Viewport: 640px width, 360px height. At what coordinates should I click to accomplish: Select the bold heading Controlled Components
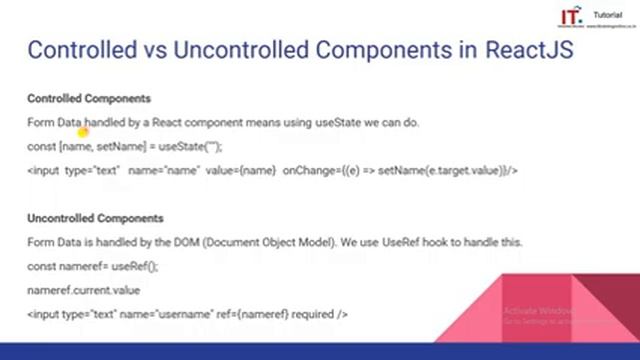point(89,99)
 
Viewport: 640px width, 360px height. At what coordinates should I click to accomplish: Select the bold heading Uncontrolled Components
point(95,218)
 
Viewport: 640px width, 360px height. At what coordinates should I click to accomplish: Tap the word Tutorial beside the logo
point(607,16)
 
